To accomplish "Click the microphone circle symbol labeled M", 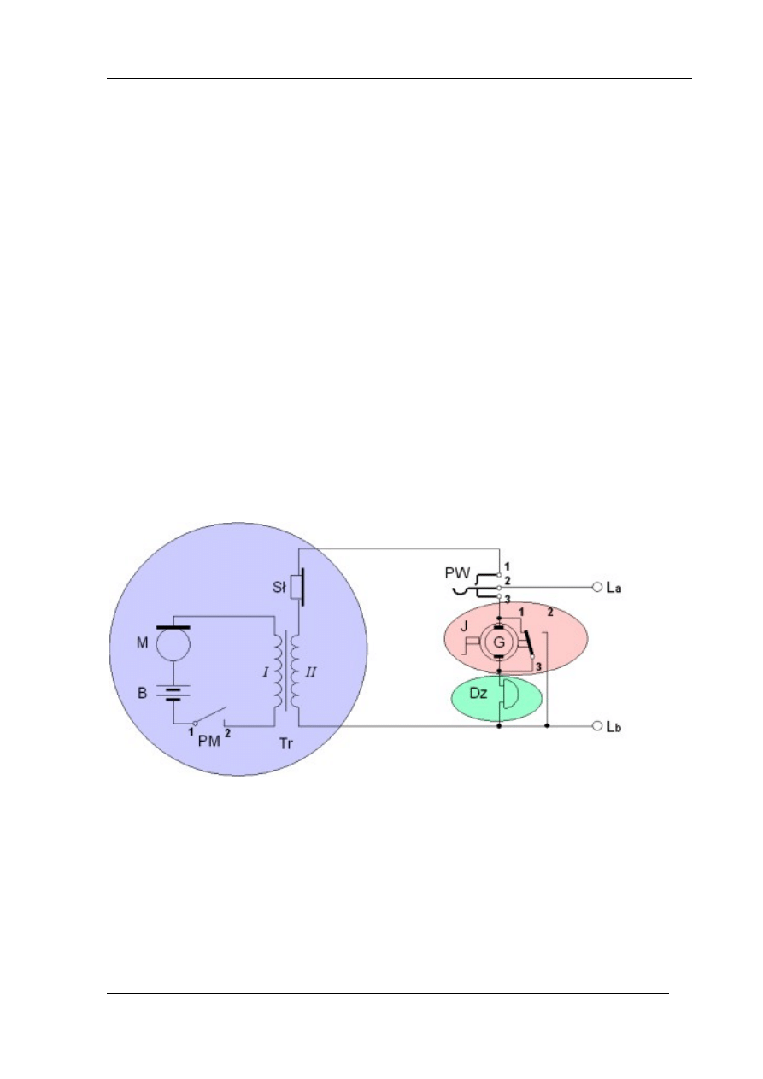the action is (x=173, y=642).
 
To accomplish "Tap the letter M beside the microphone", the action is (x=142, y=642).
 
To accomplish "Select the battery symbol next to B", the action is (x=173, y=692).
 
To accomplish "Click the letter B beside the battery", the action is (x=142, y=693).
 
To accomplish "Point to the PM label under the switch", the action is (x=209, y=741).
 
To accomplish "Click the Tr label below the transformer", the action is (x=286, y=744).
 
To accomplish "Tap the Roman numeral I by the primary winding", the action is (x=266, y=672).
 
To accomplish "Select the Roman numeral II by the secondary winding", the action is (x=311, y=672).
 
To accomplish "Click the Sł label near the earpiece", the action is (x=279, y=588).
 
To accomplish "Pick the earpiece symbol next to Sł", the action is (x=297, y=587).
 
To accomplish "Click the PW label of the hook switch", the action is (x=457, y=573).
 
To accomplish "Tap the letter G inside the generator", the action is (x=499, y=642).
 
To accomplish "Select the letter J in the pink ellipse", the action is (x=464, y=626).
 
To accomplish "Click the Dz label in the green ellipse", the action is (x=478, y=693).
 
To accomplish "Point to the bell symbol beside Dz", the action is (x=508, y=694).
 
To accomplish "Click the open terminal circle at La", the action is (x=597, y=587).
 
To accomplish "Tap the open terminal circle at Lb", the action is (x=597, y=725).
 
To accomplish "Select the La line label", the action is (x=614, y=588).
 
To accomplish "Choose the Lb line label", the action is (x=614, y=726).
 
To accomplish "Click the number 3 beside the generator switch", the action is (x=538, y=667).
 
